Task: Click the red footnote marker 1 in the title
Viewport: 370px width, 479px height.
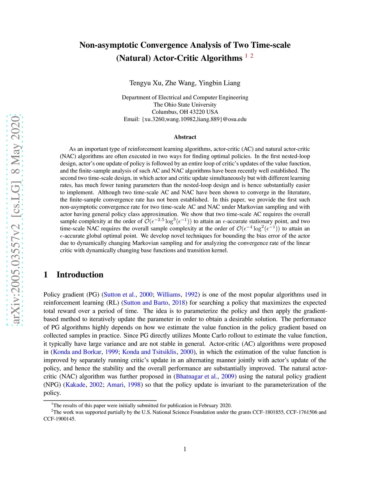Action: click(246, 56)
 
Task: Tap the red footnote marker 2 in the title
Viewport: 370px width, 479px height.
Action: click(252, 56)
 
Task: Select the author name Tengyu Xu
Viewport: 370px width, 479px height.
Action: click(146, 83)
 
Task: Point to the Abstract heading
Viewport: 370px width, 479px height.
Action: click(185, 137)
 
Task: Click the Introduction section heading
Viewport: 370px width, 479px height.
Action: click(80, 275)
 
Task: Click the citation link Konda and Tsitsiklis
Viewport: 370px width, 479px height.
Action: click(149, 352)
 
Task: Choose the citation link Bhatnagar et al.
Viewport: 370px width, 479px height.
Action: click(197, 376)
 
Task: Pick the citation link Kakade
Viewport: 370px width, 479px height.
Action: click(76, 385)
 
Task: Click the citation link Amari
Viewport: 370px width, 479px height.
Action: click(115, 385)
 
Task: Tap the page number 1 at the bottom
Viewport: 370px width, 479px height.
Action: click(185, 449)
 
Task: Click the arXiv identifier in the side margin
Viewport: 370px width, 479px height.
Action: click(15, 221)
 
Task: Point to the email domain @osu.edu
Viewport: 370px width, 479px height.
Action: click(235, 119)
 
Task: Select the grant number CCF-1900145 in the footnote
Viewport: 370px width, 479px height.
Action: click(59, 419)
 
